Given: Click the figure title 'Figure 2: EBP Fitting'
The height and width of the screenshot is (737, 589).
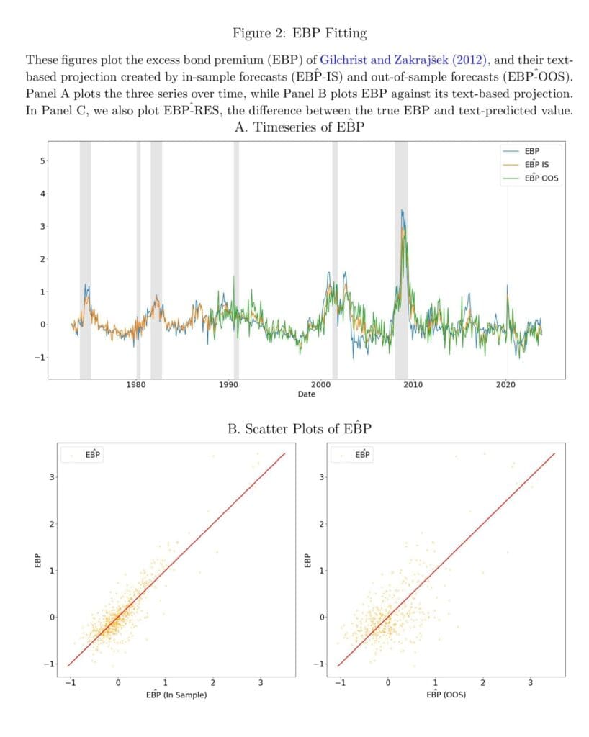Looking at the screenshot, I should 299,32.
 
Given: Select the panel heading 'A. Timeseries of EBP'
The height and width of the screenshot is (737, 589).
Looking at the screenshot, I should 299,128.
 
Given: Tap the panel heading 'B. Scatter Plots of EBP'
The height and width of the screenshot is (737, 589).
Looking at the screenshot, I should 299,429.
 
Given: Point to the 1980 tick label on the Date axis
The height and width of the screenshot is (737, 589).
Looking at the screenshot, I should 136,385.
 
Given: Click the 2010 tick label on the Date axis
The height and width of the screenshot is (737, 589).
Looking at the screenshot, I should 413,385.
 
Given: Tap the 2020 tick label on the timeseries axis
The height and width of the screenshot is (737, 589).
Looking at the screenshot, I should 506,385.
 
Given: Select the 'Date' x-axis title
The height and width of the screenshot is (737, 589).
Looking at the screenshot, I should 306,394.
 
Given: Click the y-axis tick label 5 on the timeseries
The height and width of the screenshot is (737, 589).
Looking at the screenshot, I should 41,160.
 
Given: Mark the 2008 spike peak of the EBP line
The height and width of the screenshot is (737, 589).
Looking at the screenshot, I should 401,210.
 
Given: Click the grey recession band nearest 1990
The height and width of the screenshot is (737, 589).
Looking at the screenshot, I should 236,259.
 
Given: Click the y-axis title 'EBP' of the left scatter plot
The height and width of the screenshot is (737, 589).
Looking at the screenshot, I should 40,561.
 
